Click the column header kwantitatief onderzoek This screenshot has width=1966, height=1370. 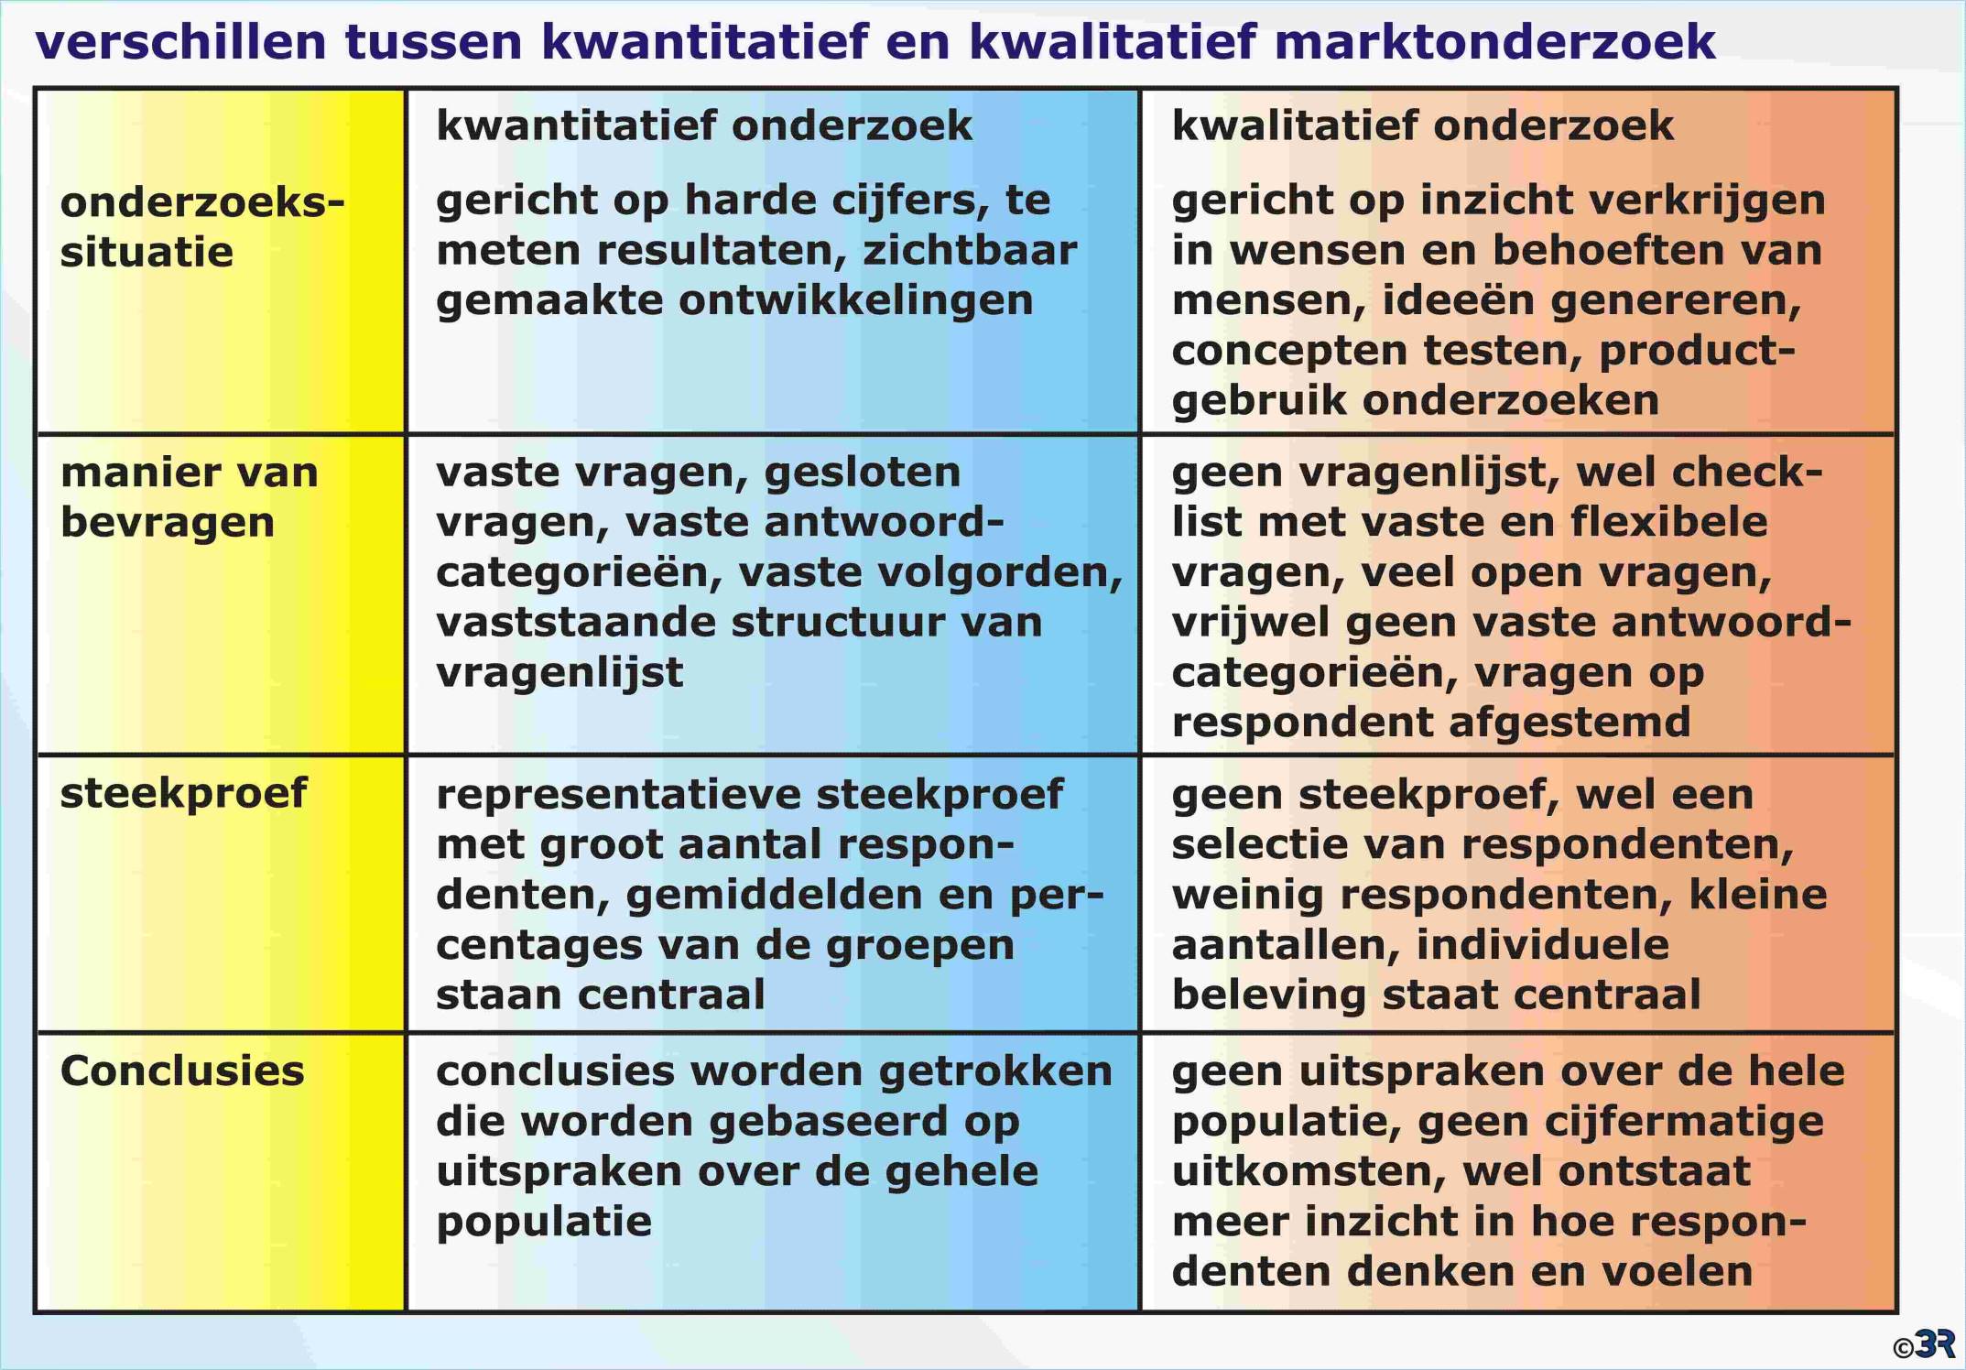703,125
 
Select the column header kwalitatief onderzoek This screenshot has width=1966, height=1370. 1422,125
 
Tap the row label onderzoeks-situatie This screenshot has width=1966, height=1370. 202,227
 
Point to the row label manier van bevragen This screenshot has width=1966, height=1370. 190,497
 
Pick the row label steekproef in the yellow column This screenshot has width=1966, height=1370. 183,794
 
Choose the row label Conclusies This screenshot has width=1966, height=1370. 182,1071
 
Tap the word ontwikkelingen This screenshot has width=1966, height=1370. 856,301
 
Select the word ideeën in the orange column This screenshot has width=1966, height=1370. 1460,299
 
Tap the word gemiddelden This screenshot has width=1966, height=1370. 774,895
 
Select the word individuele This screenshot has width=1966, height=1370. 1543,944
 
